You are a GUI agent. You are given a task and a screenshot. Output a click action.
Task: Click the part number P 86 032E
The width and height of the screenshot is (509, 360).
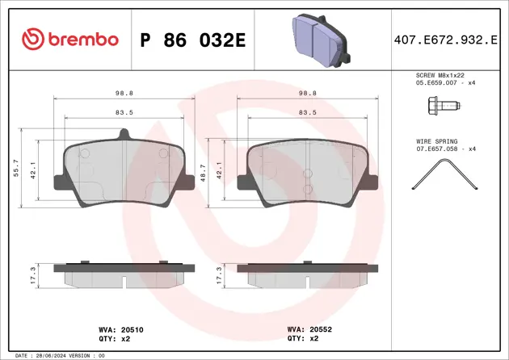[x=192, y=40]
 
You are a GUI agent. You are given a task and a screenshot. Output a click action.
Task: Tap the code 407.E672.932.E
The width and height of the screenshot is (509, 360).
[x=444, y=40]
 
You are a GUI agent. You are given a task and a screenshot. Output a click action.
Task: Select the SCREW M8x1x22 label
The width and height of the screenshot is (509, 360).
[x=440, y=74]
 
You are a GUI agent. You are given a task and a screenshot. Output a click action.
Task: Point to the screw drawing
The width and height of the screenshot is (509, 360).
[x=441, y=105]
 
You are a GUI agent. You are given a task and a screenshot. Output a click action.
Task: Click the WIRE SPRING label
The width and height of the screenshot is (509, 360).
[x=435, y=140]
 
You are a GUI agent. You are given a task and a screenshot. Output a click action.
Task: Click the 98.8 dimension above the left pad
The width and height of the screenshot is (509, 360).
[x=124, y=93]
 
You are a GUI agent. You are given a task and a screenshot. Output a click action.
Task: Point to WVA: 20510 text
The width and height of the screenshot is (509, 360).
[x=115, y=329]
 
